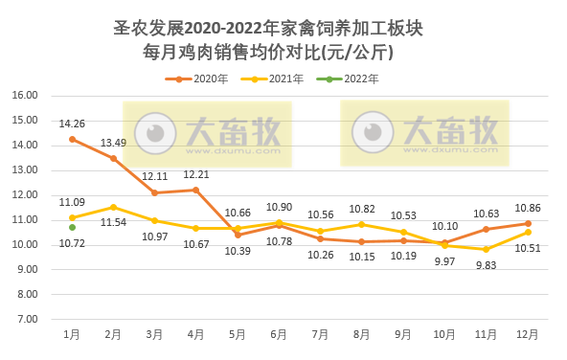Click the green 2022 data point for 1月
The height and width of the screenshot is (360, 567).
[72, 227]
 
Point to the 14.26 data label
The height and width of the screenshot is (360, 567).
[72, 124]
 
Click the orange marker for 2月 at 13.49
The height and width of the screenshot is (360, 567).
[113, 158]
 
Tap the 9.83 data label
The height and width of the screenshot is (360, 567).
[487, 265]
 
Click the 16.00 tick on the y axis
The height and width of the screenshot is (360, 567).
[25, 96]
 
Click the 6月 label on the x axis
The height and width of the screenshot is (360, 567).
[279, 334]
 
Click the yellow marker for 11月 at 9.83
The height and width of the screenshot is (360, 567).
[487, 249]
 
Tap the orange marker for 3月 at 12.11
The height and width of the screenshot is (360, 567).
[154, 192]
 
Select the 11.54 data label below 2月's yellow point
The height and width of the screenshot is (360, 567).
[113, 222]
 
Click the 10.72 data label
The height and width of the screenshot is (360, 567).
[72, 244]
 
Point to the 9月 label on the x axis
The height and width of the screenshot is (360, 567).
[403, 334]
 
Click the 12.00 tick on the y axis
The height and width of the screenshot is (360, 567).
[25, 195]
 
